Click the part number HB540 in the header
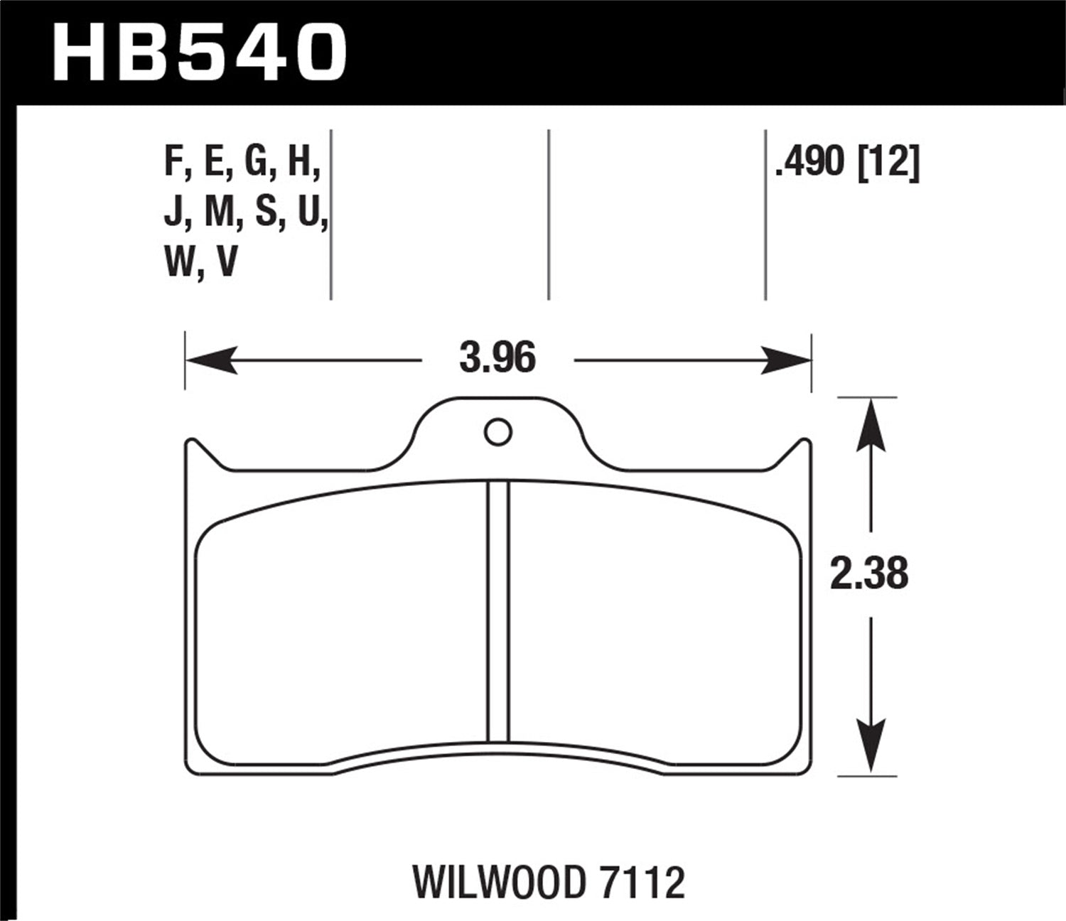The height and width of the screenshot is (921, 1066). click(199, 51)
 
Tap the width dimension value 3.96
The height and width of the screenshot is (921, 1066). click(497, 359)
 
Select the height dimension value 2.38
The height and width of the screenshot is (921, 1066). click(869, 573)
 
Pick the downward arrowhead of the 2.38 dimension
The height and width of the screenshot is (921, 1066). click(872, 746)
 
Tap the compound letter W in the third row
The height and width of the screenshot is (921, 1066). click(179, 262)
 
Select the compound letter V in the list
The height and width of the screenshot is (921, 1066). click(226, 262)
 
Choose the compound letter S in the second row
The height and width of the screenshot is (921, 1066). click(266, 212)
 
